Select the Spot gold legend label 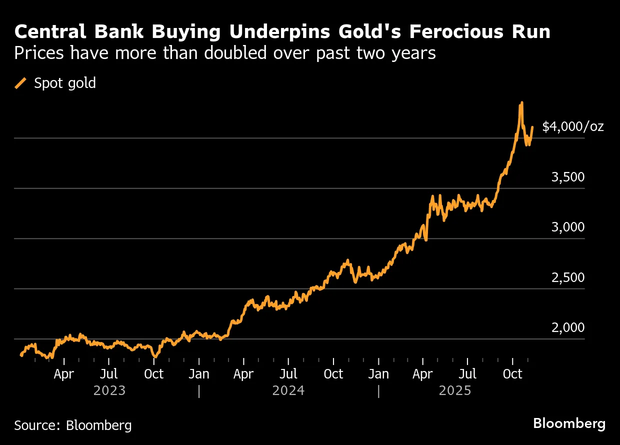[x=64, y=83]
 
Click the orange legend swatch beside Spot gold [x=21, y=83]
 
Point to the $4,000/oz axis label [x=573, y=126]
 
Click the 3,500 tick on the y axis [x=567, y=177]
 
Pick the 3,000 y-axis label [x=567, y=227]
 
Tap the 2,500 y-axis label [x=567, y=277]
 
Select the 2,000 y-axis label [x=567, y=327]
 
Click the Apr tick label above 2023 [x=64, y=374]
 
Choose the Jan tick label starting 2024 [x=199, y=374]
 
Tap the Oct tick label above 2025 [x=512, y=374]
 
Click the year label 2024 [x=288, y=390]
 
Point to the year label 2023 [x=109, y=390]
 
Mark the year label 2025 [x=455, y=390]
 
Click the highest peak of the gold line [x=521, y=103]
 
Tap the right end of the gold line [x=532, y=127]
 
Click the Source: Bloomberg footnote [x=73, y=425]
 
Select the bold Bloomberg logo [x=569, y=424]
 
